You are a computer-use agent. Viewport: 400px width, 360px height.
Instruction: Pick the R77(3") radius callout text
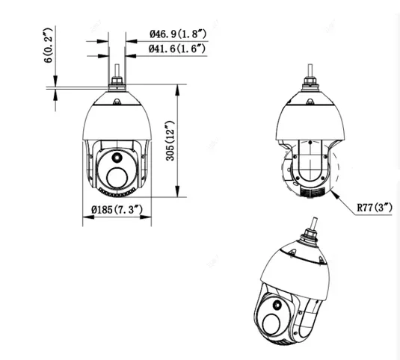pyautogui.click(x=373, y=206)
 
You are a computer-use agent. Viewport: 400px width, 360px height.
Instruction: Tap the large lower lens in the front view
pyautogui.click(x=117, y=176)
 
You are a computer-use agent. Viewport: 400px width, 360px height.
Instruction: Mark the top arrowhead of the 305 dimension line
pyautogui.click(x=178, y=87)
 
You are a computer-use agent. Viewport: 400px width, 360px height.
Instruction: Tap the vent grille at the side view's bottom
pyautogui.click(x=307, y=193)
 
